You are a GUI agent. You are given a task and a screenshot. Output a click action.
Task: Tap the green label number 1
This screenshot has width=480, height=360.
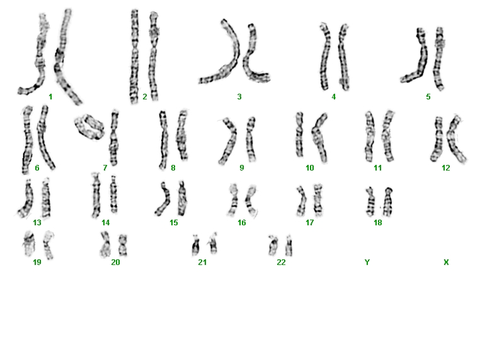[x=50, y=97]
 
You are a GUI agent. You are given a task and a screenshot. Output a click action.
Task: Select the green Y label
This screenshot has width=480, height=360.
[x=367, y=262]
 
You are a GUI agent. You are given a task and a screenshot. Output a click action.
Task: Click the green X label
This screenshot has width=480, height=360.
[x=446, y=262]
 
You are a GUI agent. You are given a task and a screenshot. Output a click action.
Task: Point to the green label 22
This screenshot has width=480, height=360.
[x=281, y=262]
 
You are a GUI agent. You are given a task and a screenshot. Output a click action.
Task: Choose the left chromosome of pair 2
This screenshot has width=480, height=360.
[x=134, y=57]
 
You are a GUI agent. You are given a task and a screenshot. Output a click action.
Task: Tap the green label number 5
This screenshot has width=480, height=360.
[x=428, y=97]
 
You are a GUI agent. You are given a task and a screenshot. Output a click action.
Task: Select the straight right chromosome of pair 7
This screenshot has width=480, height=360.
[x=114, y=138]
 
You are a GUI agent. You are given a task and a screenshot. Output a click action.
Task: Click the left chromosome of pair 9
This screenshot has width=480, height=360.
[x=229, y=141]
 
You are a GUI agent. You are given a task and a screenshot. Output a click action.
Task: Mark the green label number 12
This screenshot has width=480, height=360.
[x=446, y=168]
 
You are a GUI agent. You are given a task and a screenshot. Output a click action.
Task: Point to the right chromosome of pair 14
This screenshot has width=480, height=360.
[x=113, y=194]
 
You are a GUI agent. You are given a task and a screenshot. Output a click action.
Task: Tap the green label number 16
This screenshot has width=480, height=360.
[x=242, y=223]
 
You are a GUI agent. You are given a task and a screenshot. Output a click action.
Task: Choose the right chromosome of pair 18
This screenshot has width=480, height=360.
[x=389, y=202]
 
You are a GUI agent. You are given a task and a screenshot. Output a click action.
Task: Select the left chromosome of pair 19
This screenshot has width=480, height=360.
[x=30, y=244]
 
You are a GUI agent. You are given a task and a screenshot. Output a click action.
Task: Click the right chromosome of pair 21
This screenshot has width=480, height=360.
[x=213, y=244]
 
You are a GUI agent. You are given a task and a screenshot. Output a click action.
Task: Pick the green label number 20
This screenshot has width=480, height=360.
[x=115, y=262]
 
